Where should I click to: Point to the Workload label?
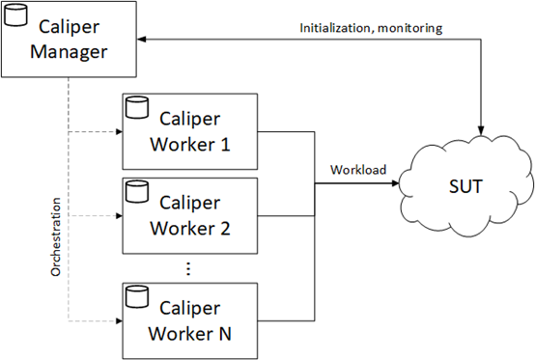pyautogui.click(x=357, y=170)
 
